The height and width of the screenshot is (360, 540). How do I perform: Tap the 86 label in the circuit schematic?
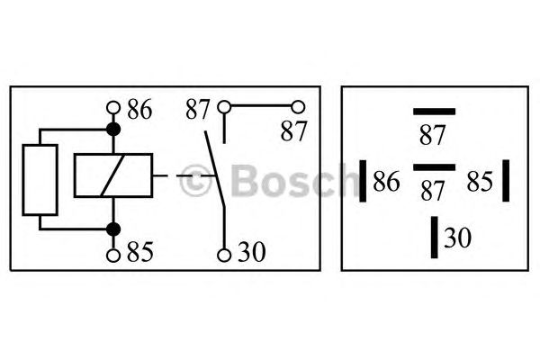(139, 110)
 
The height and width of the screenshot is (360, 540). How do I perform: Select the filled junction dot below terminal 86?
(113, 130)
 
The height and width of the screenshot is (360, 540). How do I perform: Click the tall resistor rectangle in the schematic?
(40, 178)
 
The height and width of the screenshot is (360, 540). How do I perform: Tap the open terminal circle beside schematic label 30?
(224, 255)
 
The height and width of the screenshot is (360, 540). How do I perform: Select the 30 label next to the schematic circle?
(250, 255)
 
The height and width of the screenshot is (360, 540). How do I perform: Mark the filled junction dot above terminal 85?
(113, 229)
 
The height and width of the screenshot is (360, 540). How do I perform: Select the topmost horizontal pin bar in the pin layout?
(434, 111)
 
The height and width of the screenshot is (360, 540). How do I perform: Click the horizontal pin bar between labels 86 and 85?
(434, 167)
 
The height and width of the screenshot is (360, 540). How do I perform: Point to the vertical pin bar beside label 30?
(435, 237)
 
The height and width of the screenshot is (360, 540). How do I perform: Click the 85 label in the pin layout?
(480, 183)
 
